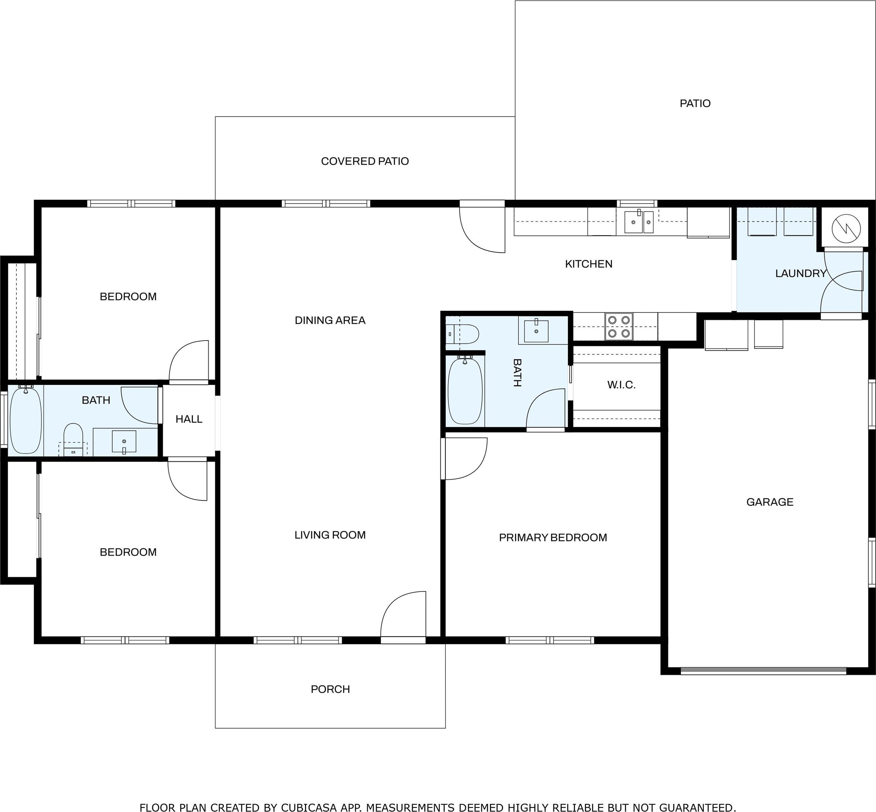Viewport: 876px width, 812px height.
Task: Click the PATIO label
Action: tap(695, 103)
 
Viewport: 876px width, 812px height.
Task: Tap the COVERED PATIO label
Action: tap(365, 161)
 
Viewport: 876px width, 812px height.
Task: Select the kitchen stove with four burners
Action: tap(619, 326)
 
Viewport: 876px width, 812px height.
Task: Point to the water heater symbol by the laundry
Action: tap(846, 228)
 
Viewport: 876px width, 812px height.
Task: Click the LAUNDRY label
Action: tap(801, 273)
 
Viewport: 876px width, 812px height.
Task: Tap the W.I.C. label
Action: tap(621, 385)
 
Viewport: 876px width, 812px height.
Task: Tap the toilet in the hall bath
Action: tap(73, 440)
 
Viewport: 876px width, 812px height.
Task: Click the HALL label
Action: tap(189, 419)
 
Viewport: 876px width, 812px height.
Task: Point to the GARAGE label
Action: tap(770, 502)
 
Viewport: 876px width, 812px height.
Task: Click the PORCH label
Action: tap(330, 689)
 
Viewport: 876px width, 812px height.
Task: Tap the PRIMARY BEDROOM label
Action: tap(553, 537)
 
